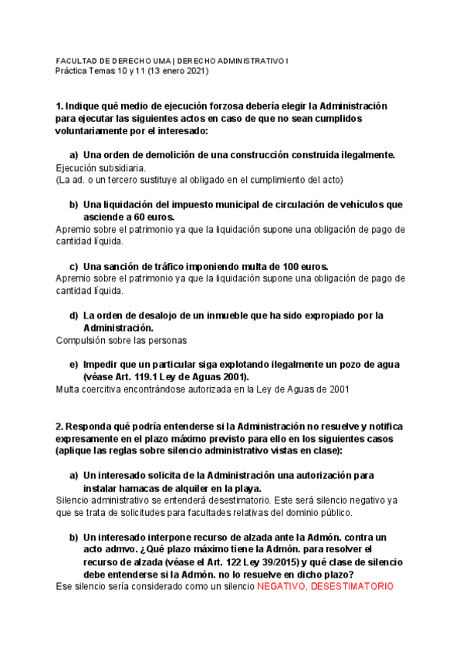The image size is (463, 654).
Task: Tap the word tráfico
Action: point(161,266)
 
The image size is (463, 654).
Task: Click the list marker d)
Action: point(74,315)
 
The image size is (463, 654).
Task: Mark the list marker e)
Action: point(74,365)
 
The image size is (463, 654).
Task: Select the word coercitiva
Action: point(106,389)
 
